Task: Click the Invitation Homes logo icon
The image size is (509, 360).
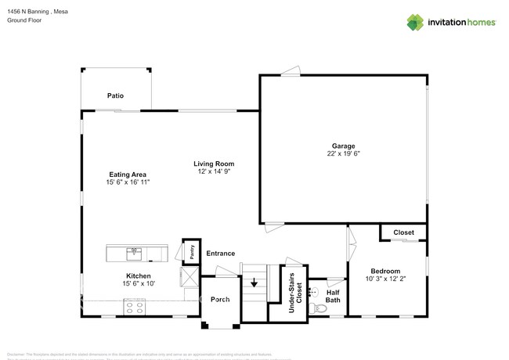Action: click(x=415, y=22)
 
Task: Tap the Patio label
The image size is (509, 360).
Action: click(x=115, y=96)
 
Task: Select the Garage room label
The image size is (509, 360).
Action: click(x=343, y=146)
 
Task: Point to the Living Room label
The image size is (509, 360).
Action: click(x=214, y=164)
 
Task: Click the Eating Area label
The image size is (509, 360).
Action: click(x=127, y=174)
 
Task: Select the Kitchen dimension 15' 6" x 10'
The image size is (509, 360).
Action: click(x=138, y=283)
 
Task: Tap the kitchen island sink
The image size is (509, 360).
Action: click(x=134, y=252)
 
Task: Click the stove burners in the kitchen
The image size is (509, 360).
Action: click(x=132, y=309)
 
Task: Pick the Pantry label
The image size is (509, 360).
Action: click(x=190, y=251)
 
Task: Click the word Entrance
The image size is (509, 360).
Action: click(x=220, y=254)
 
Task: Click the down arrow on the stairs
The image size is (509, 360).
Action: click(x=253, y=284)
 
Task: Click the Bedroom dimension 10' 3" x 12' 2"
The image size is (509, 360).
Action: click(x=385, y=279)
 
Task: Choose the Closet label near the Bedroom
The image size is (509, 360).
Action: click(x=403, y=232)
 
